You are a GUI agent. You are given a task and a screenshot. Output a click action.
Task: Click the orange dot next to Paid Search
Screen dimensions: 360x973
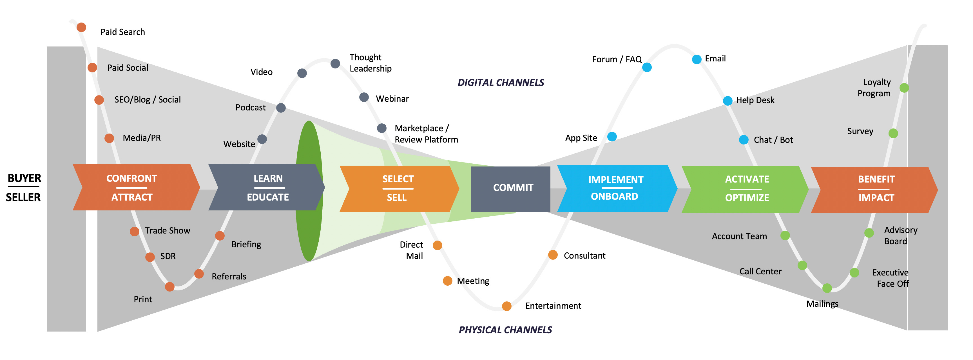point(81,27)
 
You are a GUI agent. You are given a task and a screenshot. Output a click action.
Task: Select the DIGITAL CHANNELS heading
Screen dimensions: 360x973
point(501,83)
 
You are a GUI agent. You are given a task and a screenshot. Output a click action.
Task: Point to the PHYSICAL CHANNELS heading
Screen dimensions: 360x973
point(505,330)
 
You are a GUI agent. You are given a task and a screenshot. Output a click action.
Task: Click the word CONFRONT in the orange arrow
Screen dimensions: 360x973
point(131,178)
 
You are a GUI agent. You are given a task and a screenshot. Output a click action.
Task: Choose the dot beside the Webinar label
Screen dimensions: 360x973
point(364,97)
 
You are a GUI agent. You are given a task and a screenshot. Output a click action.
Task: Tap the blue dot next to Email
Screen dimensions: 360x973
point(697,59)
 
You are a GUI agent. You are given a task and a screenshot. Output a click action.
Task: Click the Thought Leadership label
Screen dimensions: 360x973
point(370,63)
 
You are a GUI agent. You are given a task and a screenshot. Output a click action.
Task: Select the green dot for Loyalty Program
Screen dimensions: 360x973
point(904,88)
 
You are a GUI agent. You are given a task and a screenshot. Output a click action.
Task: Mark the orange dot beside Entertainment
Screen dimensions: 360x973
point(506,306)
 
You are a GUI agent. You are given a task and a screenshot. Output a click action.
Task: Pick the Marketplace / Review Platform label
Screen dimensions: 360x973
point(426,134)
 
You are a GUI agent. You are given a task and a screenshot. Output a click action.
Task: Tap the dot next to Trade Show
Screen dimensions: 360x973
point(135,232)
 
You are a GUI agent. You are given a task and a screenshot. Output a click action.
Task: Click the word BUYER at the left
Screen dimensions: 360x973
point(24,178)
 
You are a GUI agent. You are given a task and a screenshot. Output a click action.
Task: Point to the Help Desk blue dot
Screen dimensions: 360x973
point(727,101)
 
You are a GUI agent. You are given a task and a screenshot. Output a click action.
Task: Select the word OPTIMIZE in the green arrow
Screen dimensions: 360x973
point(747,197)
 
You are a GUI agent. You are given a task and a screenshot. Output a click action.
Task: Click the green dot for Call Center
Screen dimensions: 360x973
point(802,266)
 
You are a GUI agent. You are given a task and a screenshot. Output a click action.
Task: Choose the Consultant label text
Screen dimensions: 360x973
point(584,256)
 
